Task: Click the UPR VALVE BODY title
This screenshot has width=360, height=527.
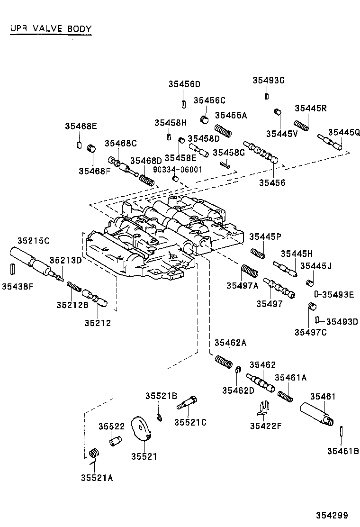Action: click(51, 29)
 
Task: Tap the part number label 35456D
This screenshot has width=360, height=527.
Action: click(184, 84)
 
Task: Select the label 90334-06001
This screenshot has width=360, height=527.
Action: click(177, 169)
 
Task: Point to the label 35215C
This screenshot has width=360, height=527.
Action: click(33, 241)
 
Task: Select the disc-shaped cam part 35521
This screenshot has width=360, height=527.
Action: click(142, 429)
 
